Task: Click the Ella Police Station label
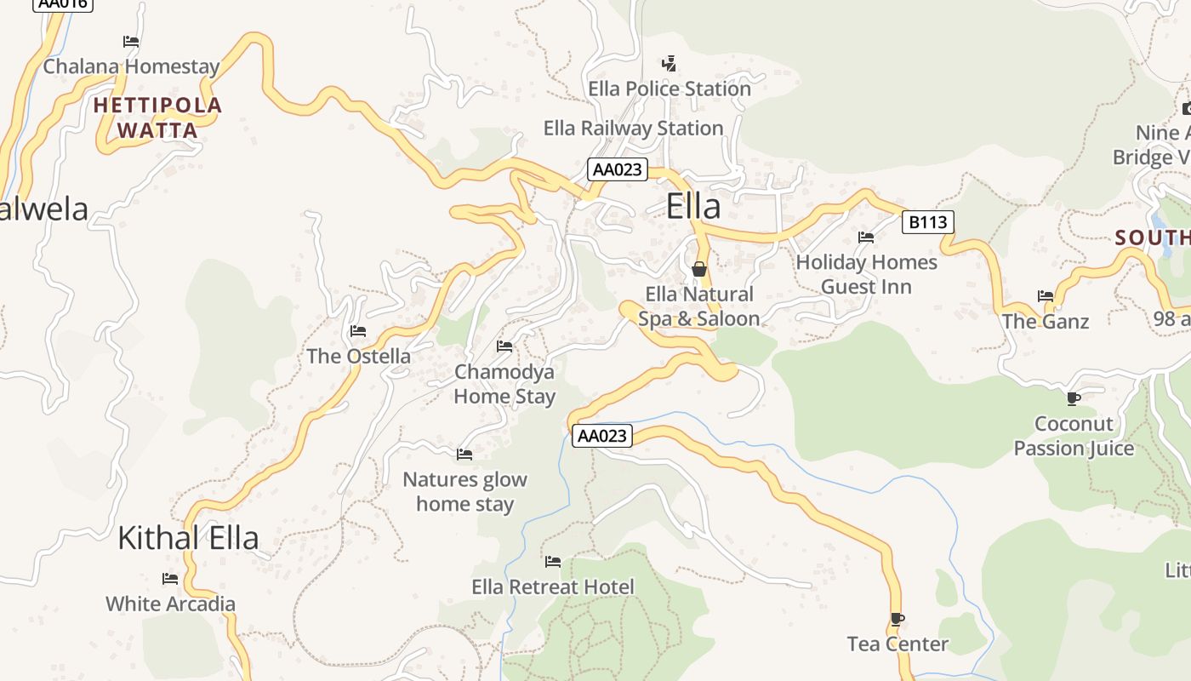click(x=670, y=89)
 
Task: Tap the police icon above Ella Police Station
click(x=670, y=63)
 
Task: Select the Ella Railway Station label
click(x=633, y=129)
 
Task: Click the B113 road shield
click(x=927, y=222)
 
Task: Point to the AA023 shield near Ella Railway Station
click(x=617, y=169)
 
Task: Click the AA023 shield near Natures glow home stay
click(x=601, y=436)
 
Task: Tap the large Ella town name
click(x=692, y=207)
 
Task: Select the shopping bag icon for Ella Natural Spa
click(x=699, y=269)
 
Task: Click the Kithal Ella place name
click(x=188, y=538)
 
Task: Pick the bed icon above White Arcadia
click(x=170, y=579)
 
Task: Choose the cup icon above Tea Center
click(x=897, y=619)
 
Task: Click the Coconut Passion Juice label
click(x=1074, y=436)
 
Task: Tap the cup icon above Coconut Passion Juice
click(x=1074, y=398)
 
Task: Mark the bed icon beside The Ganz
click(x=1046, y=296)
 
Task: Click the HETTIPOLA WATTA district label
click(x=157, y=117)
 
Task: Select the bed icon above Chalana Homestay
click(x=131, y=41)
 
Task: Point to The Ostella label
click(x=358, y=356)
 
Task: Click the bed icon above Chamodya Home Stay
click(x=504, y=346)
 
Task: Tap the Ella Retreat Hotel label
click(x=553, y=587)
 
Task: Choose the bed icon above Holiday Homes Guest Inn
click(x=866, y=237)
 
